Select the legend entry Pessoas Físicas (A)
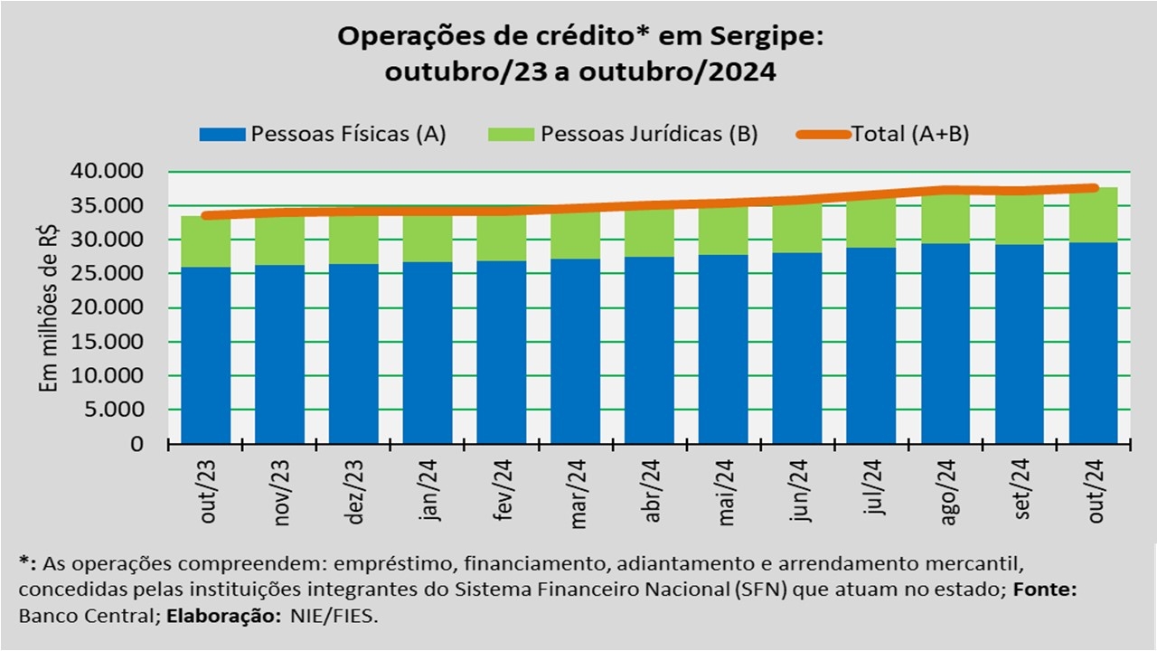point(348,135)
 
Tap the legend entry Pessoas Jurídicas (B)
point(649,135)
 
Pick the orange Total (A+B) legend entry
point(909,135)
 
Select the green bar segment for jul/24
point(871,222)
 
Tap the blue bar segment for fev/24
point(501,353)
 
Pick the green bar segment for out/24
point(1093,215)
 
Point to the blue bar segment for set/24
point(1019,344)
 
